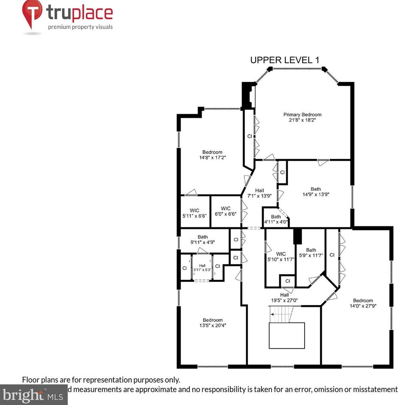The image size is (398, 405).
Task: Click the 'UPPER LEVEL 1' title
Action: pos(284,60)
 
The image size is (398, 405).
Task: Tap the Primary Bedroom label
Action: pos(302,117)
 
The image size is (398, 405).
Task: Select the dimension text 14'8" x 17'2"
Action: pos(212,157)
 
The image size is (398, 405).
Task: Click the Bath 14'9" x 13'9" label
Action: pos(315,192)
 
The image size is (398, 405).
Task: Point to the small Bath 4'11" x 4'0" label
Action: pos(276,219)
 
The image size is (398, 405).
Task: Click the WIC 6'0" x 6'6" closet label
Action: pos(226,211)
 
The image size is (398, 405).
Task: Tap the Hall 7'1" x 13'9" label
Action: pos(259,193)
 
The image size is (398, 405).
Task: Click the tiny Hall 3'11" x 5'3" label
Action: pos(202,268)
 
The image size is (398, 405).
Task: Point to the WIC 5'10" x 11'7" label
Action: pos(281,256)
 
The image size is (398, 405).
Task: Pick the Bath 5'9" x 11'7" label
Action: pos(311,253)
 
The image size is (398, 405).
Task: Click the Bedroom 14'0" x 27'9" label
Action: pos(362,303)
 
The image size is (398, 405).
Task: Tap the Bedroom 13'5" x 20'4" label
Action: pos(212,323)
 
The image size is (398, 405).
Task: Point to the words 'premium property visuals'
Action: pos(80,27)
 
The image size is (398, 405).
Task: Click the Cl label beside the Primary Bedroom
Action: pos(249,136)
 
